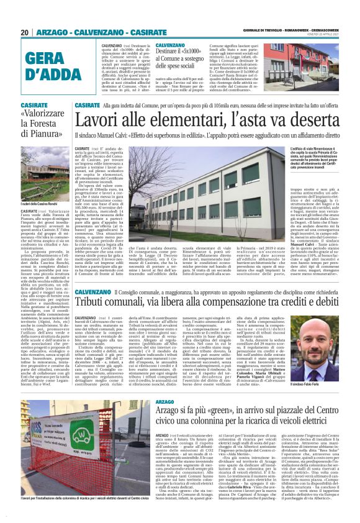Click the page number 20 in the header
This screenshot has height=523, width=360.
click(25, 32)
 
